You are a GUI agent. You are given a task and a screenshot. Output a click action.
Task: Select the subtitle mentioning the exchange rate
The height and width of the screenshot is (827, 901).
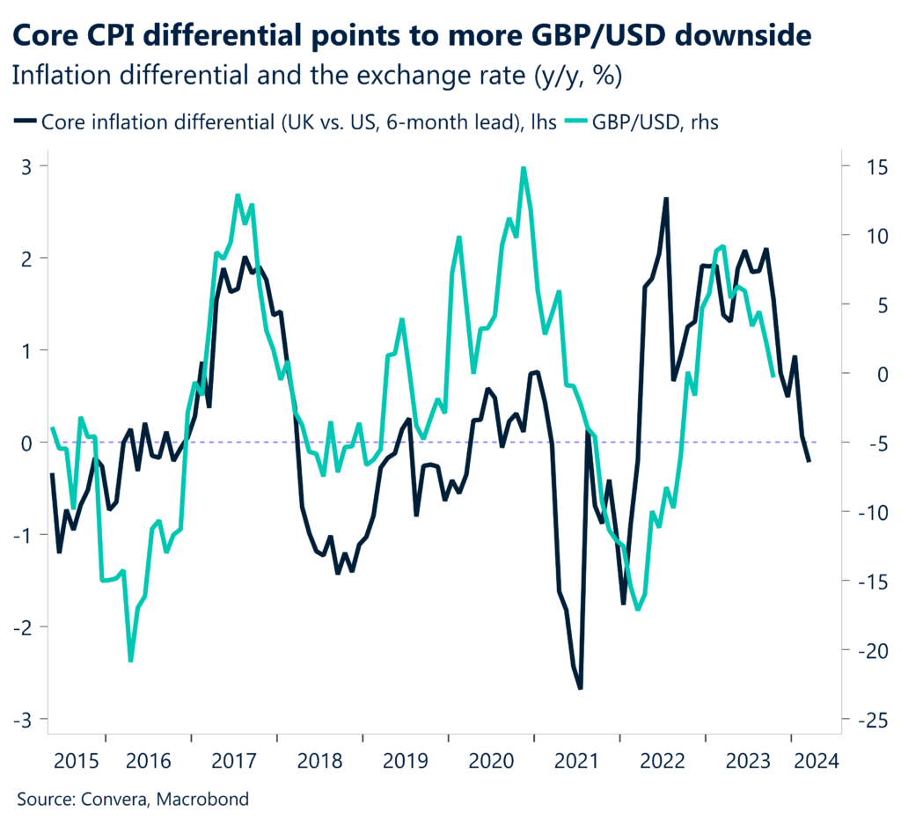click(318, 77)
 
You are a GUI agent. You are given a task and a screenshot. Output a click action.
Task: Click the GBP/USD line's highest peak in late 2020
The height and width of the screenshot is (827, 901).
click(524, 167)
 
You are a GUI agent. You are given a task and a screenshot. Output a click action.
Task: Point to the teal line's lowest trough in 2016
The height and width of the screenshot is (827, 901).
click(130, 661)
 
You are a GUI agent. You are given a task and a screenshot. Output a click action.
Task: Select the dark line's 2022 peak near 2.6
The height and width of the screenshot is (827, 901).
click(666, 199)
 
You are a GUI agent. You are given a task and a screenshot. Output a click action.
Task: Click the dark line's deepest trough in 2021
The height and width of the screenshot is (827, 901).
click(580, 688)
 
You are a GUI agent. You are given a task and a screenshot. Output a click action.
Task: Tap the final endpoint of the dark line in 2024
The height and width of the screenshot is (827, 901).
click(809, 461)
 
